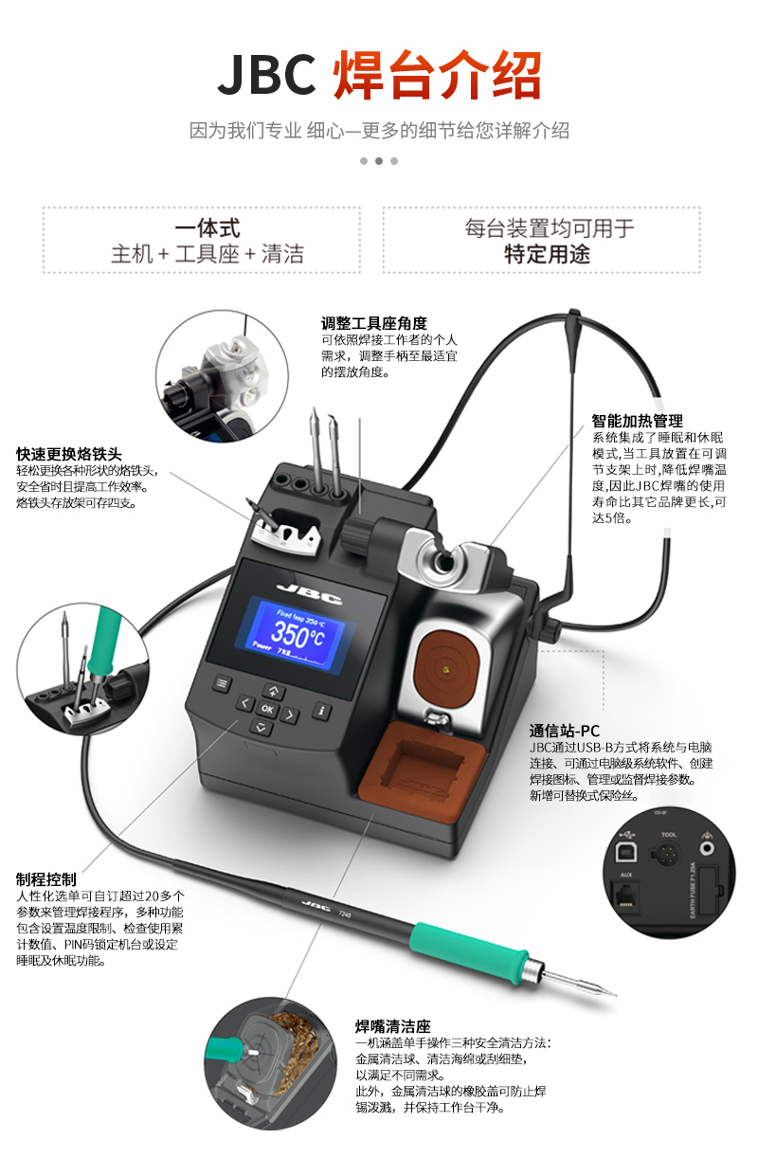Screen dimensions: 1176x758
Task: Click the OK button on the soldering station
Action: pyautogui.click(x=267, y=709)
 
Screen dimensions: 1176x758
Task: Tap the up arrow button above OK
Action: pyautogui.click(x=274, y=691)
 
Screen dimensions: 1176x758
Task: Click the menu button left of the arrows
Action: pyautogui.click(x=222, y=682)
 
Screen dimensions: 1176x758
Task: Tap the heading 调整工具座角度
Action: pyautogui.click(x=373, y=323)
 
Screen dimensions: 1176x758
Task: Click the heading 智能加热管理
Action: pyautogui.click(x=637, y=421)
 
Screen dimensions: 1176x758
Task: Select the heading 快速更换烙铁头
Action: pyautogui.click(x=69, y=454)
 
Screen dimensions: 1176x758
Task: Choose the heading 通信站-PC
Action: pyautogui.click(x=564, y=731)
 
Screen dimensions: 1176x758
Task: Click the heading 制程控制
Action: pyautogui.click(x=46, y=878)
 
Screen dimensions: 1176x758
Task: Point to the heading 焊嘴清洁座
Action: pyautogui.click(x=392, y=1025)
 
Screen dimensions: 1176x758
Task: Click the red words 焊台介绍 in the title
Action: pyautogui.click(x=437, y=76)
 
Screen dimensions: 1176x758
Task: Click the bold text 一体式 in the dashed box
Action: pyautogui.click(x=208, y=228)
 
